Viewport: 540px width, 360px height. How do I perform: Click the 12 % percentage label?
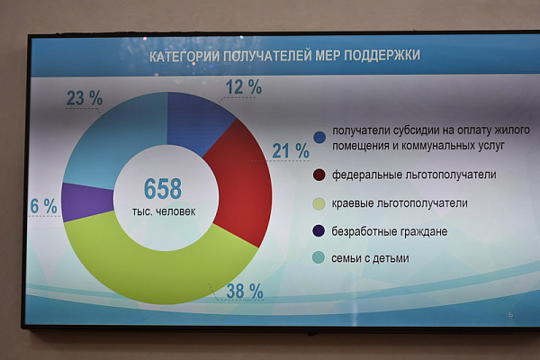(244, 86)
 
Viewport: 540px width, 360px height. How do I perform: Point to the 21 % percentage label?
(291, 151)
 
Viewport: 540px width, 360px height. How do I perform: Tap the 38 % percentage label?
(245, 292)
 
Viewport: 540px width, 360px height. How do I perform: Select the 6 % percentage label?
(43, 206)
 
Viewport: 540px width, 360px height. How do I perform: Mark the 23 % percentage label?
(85, 98)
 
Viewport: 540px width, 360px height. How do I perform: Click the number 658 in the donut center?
(163, 188)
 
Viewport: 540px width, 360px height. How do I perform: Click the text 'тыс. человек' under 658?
(164, 211)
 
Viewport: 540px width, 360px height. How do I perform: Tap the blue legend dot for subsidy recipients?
(319, 138)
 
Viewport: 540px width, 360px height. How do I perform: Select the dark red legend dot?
(319, 175)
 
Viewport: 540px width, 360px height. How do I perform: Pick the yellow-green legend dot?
(319, 203)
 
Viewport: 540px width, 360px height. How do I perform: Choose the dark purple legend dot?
(319, 230)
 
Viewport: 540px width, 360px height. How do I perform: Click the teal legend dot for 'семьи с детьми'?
(319, 257)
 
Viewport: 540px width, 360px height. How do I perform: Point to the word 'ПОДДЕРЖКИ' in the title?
(382, 55)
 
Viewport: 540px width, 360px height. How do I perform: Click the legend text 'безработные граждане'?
(390, 231)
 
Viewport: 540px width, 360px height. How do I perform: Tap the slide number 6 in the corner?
(511, 314)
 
